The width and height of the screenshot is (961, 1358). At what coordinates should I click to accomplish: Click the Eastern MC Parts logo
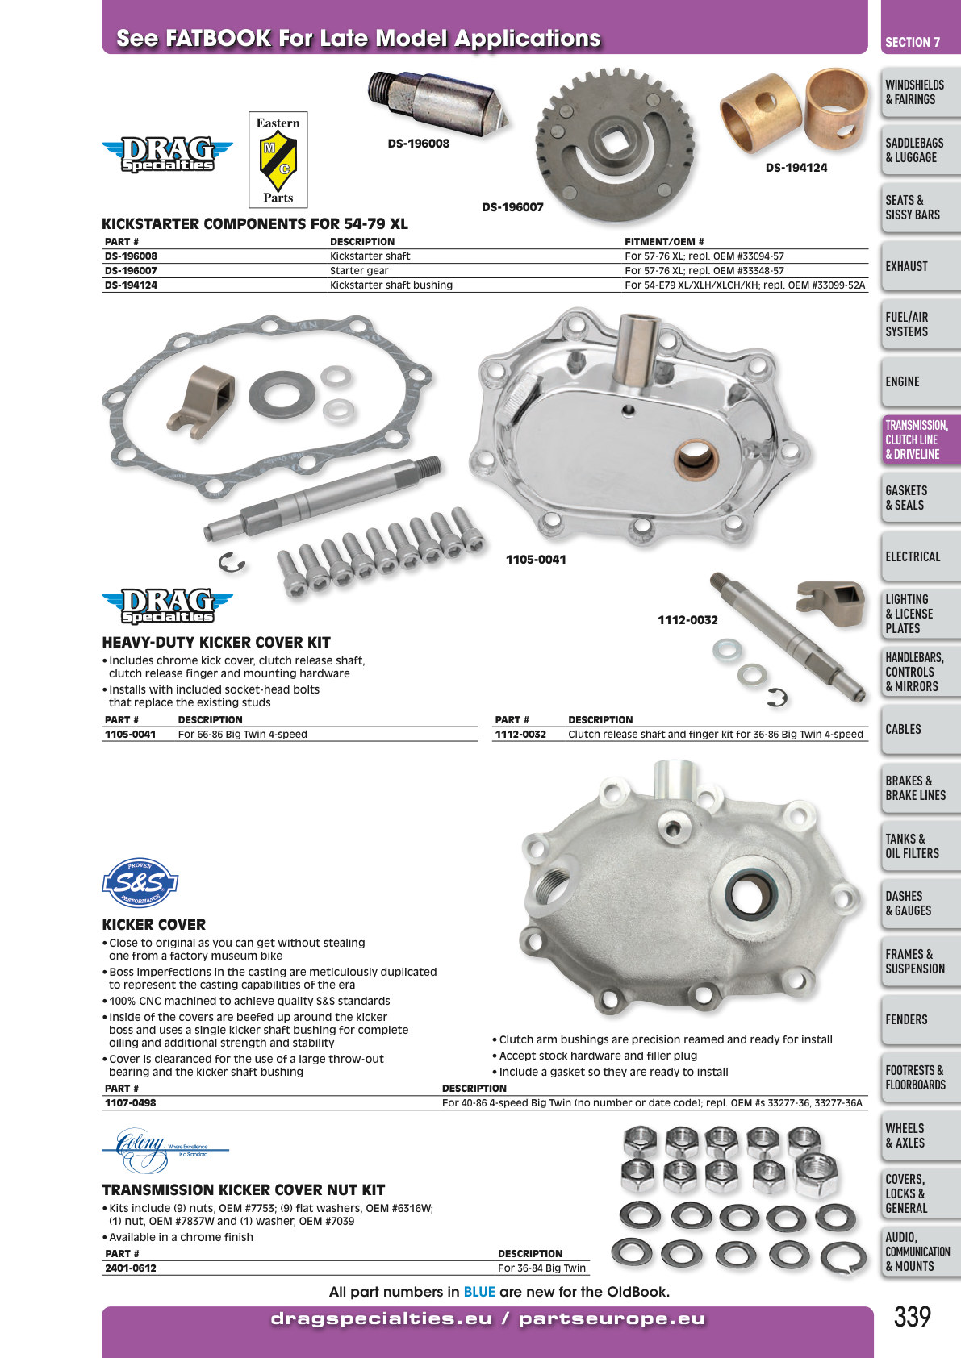(x=278, y=160)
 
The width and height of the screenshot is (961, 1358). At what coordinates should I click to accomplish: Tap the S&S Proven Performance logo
(x=140, y=882)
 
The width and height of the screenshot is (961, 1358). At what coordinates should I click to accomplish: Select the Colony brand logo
(x=165, y=1150)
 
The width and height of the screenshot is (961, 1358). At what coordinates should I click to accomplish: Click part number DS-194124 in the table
(x=131, y=285)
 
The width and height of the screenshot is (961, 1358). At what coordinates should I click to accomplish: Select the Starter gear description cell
(x=359, y=270)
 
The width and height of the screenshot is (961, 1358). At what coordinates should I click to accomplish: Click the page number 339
(x=913, y=1316)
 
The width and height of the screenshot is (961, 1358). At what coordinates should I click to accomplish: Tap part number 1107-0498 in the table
(x=131, y=1102)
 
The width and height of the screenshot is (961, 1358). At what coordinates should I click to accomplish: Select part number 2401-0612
(x=131, y=1268)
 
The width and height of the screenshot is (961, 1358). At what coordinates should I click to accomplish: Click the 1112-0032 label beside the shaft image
(x=687, y=619)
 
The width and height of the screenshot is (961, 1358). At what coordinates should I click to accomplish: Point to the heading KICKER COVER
(x=153, y=924)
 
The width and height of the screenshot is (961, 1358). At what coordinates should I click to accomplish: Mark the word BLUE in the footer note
(x=479, y=1292)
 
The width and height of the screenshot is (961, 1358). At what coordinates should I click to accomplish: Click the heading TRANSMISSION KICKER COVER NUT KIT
(x=244, y=1190)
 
